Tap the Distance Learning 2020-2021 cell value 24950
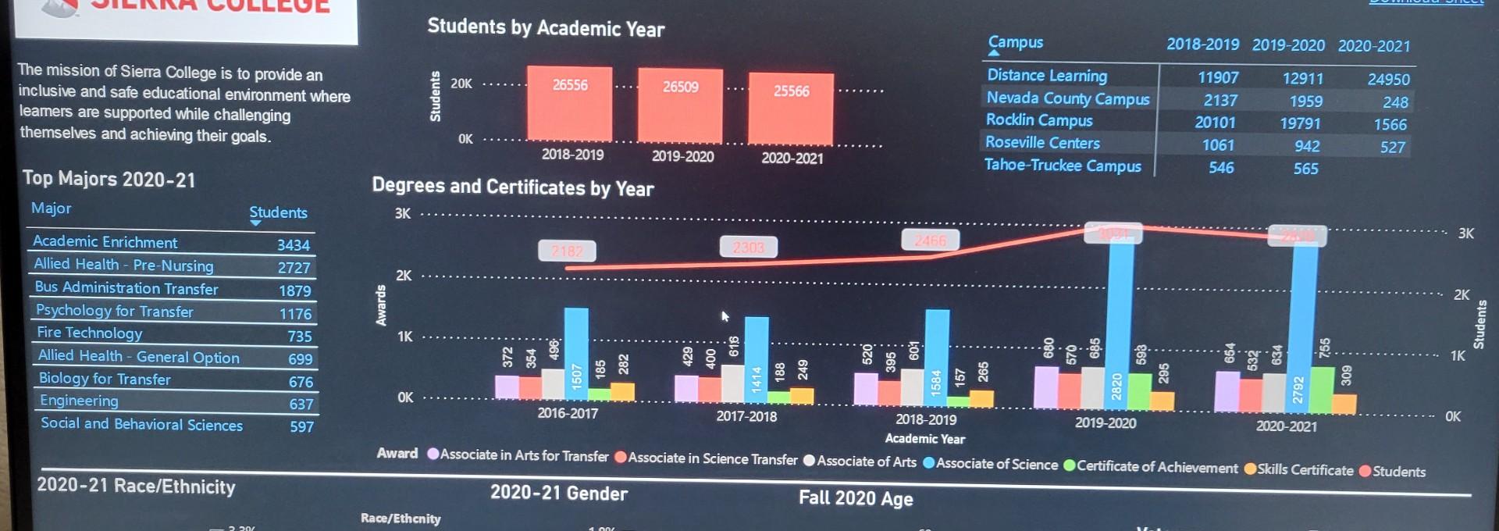[1388, 80]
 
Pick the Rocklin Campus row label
[1038, 120]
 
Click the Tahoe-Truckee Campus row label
[1062, 166]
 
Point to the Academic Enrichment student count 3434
[294, 245]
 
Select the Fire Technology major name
[90, 333]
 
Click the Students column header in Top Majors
[278, 212]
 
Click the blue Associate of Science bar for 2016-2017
[576, 351]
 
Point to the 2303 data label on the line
[748, 248]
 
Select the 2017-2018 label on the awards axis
[746, 417]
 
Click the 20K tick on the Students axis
[461, 84]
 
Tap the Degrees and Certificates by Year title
[512, 187]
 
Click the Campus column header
[1015, 43]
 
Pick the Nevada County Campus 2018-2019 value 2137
[1220, 101]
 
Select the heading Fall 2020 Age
[855, 498]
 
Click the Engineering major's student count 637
[301, 404]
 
